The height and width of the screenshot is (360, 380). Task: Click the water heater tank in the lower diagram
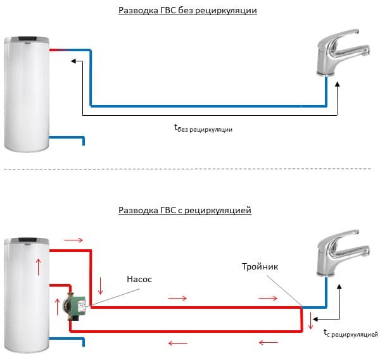[x=26, y=291]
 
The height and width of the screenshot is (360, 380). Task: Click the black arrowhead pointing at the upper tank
[x=73, y=61]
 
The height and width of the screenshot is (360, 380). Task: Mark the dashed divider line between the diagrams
[x=189, y=169]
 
